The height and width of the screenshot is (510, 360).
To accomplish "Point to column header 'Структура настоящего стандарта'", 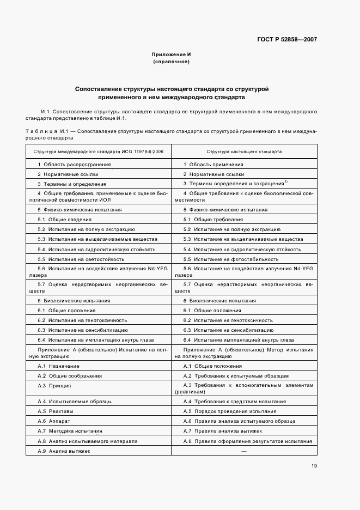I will tap(244, 151).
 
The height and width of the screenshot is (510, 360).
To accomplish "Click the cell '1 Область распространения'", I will tap(74, 164).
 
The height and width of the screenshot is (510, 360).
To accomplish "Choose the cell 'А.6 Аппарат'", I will tap(53, 421).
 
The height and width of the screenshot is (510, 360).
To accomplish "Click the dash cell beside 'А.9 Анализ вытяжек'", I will tap(243, 451).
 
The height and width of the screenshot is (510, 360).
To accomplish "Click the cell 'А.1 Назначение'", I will tap(58, 366).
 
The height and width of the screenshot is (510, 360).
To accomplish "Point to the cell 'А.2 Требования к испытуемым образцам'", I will tap(236, 375).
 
